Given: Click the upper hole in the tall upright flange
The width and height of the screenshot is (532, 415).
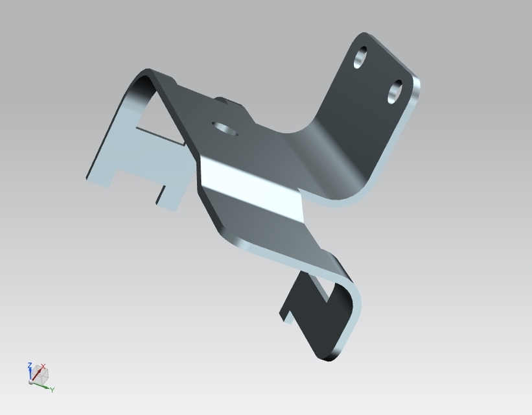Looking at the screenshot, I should click(x=361, y=58).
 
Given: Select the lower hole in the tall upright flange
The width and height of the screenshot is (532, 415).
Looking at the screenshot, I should click(x=395, y=92).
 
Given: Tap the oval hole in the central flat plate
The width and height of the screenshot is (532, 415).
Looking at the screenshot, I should click(x=226, y=127).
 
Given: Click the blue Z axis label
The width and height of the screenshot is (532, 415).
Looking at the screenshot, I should click(x=30, y=366).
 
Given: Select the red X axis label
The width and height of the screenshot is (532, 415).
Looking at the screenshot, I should click(x=43, y=366).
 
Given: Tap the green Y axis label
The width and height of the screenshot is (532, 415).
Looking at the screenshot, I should click(x=52, y=389).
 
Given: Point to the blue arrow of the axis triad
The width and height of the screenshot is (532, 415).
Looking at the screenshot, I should click(x=30, y=374).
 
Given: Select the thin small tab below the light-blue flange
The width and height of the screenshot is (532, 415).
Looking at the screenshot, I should click(x=159, y=193).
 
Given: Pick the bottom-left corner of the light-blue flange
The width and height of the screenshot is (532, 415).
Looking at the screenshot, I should click(x=88, y=177).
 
